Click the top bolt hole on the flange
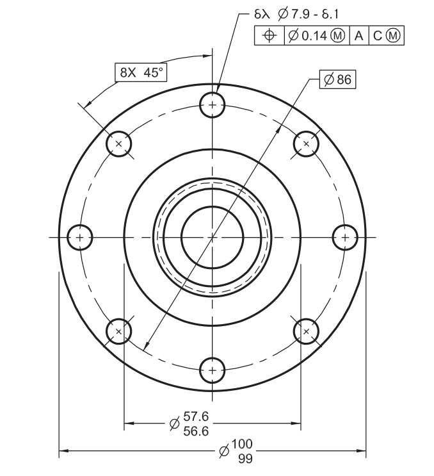[212, 105]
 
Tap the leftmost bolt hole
[80, 237]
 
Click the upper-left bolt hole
[118, 144]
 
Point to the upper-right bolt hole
[306, 144]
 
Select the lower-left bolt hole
[118, 331]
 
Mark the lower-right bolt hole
[306, 331]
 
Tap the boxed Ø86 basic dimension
[338, 79]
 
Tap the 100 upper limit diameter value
[243, 445]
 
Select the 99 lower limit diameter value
[243, 458]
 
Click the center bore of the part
[212, 237]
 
